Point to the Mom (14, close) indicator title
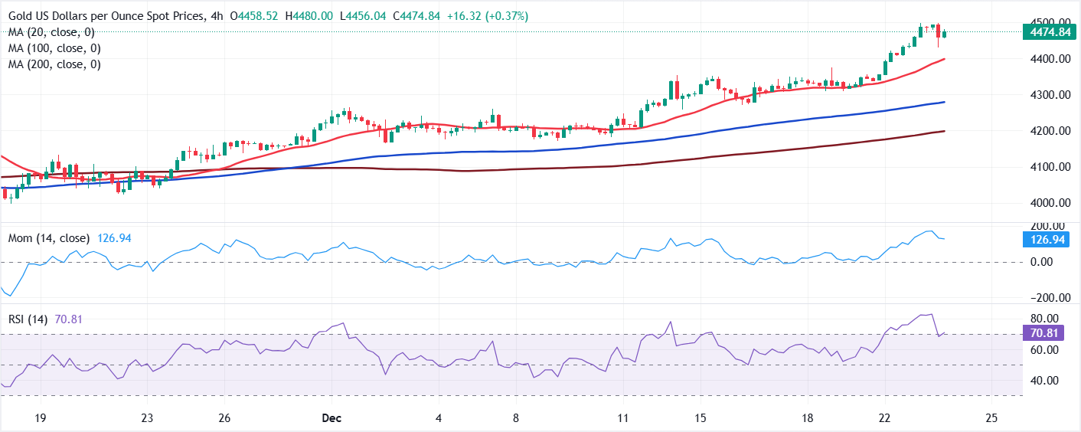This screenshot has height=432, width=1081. point(48,238)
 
